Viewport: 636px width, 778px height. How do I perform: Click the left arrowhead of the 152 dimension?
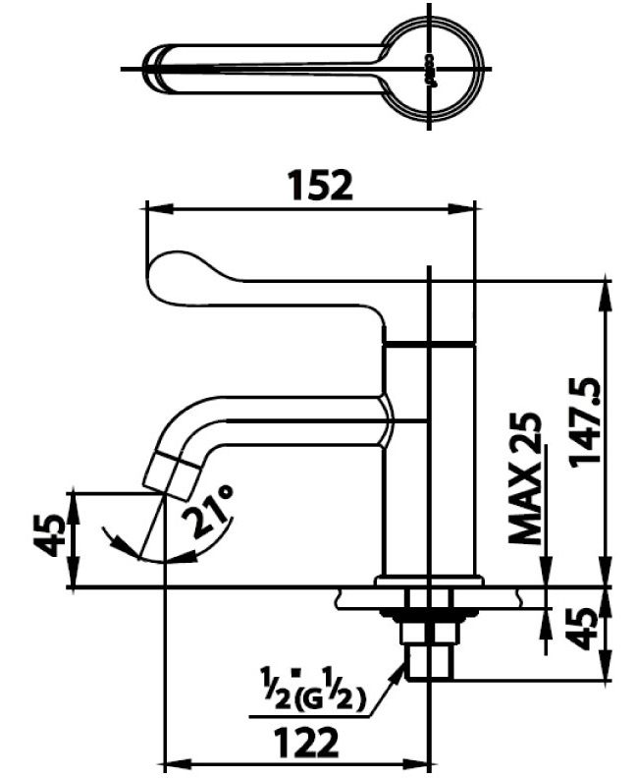152,208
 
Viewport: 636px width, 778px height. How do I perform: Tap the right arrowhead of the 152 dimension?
470,208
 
